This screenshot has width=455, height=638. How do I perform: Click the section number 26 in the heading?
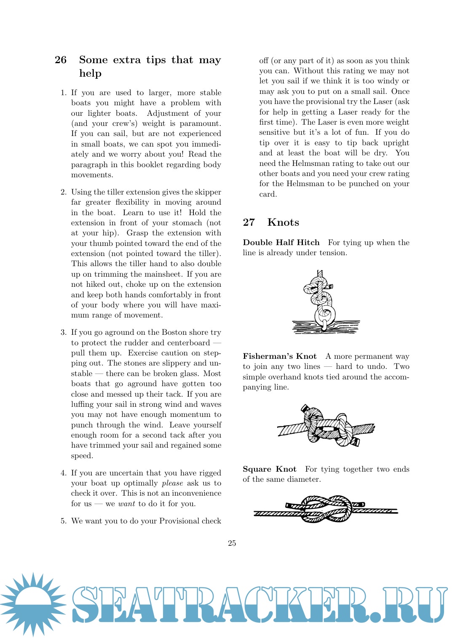[x=61, y=60]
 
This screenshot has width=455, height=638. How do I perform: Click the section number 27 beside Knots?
[x=249, y=222]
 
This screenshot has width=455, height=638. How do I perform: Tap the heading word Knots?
[x=283, y=222]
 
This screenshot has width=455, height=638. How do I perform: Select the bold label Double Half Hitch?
[x=281, y=243]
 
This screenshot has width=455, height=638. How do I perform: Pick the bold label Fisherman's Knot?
[x=279, y=356]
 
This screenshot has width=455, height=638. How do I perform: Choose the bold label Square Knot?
[x=269, y=469]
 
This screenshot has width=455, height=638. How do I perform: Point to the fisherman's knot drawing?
[x=326, y=426]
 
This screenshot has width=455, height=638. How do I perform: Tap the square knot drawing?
[x=325, y=509]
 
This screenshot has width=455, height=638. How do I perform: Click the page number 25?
[x=232, y=543]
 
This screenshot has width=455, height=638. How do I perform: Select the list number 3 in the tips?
[x=63, y=332]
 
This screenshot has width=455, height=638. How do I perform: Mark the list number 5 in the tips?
[x=63, y=521]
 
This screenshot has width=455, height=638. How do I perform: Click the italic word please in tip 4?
[x=172, y=483]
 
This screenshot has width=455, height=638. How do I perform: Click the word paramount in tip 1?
[x=200, y=123]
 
